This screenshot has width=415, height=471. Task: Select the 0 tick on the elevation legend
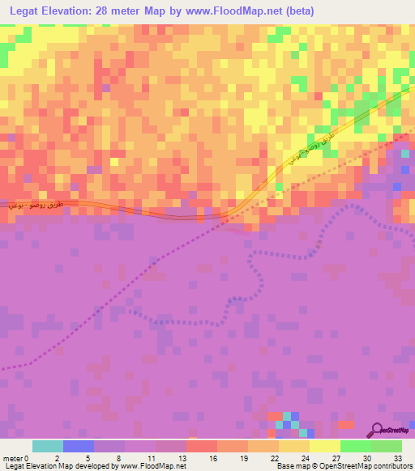[36, 457]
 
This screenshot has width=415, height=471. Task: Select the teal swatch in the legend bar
[48, 446]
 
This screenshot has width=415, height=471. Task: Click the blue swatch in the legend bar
[79, 446]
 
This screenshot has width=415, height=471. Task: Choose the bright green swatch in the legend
[356, 446]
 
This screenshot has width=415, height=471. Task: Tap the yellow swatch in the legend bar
[325, 446]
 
